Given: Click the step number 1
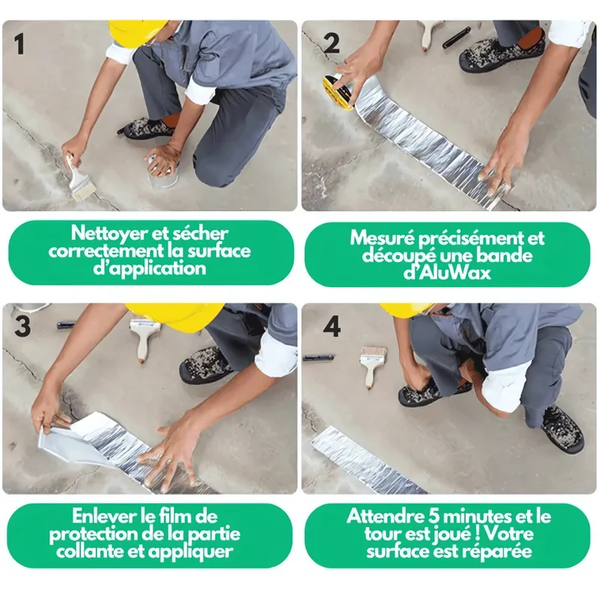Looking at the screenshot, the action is (x=19, y=44).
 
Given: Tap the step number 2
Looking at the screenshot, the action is (x=331, y=44).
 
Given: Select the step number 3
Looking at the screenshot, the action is (x=22, y=327).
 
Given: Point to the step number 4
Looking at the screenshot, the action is (x=331, y=327).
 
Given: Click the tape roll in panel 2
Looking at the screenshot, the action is (x=339, y=92).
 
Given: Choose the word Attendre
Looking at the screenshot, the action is (x=383, y=516).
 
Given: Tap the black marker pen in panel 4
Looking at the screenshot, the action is (x=318, y=358).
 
